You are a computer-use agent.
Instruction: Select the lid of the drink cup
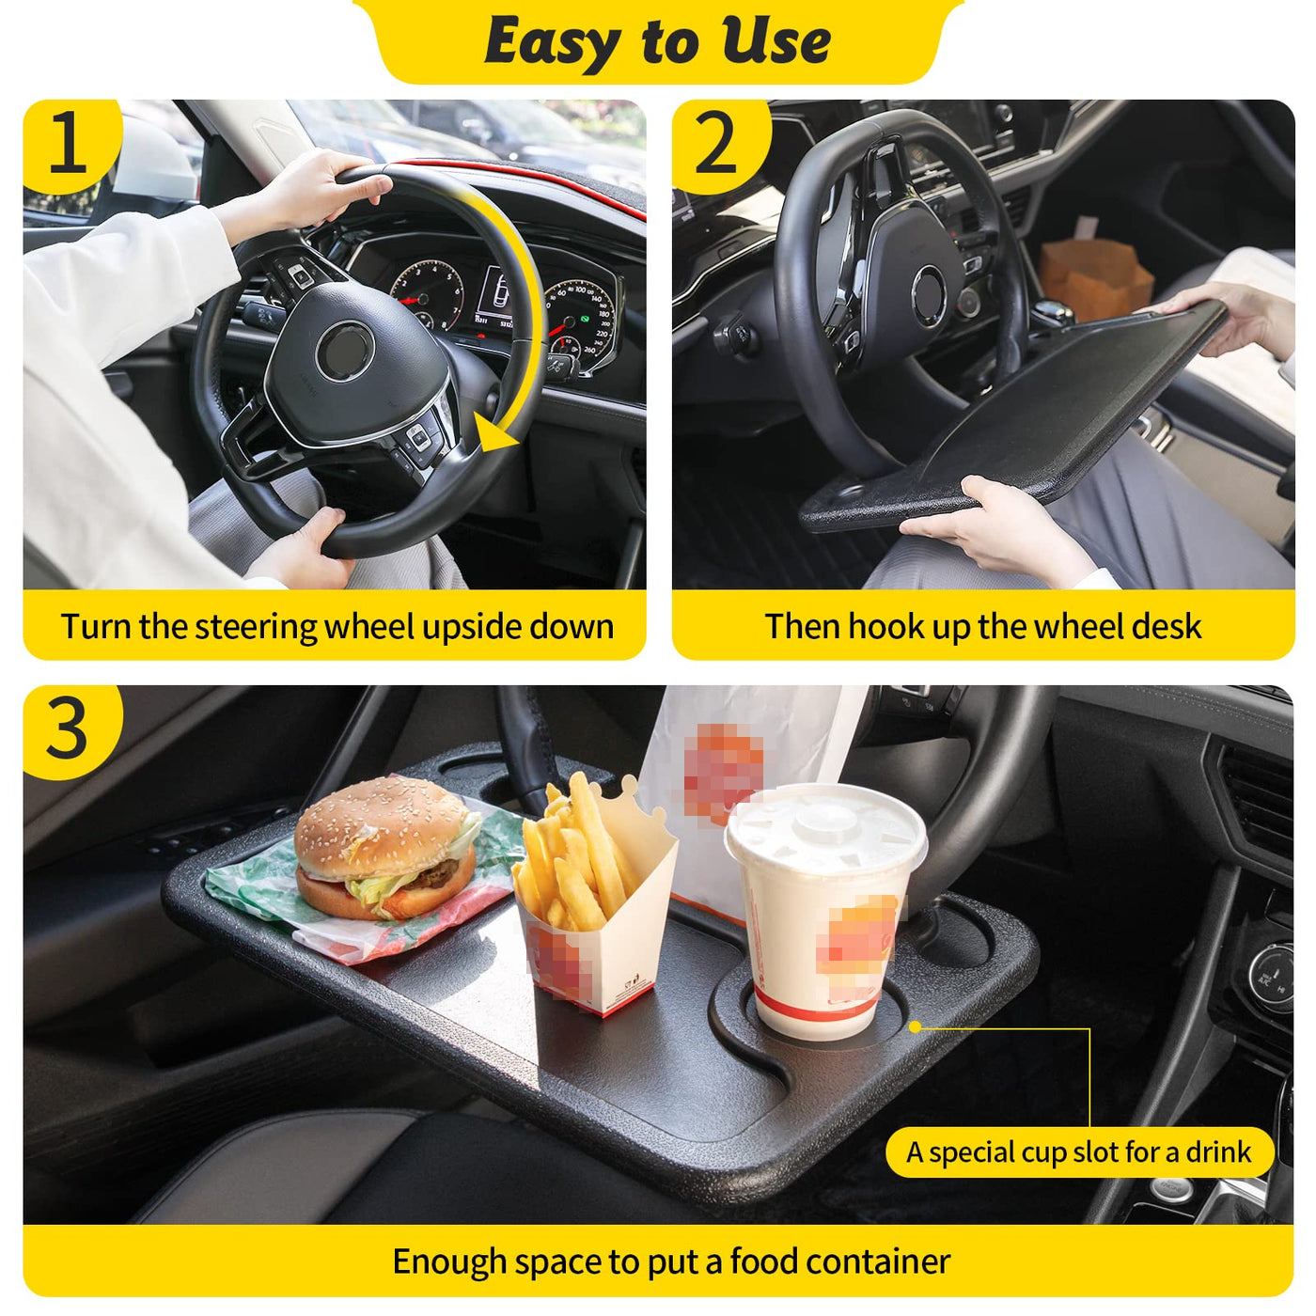826,830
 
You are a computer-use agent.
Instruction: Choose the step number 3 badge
69,729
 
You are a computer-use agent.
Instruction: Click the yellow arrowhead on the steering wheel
494,431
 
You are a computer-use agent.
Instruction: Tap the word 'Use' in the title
775,41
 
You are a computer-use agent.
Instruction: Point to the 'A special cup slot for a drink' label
1079,1152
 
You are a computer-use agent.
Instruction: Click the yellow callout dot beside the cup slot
916,1027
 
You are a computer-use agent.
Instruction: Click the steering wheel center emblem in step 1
345,351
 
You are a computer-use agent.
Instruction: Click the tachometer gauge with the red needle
427,293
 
